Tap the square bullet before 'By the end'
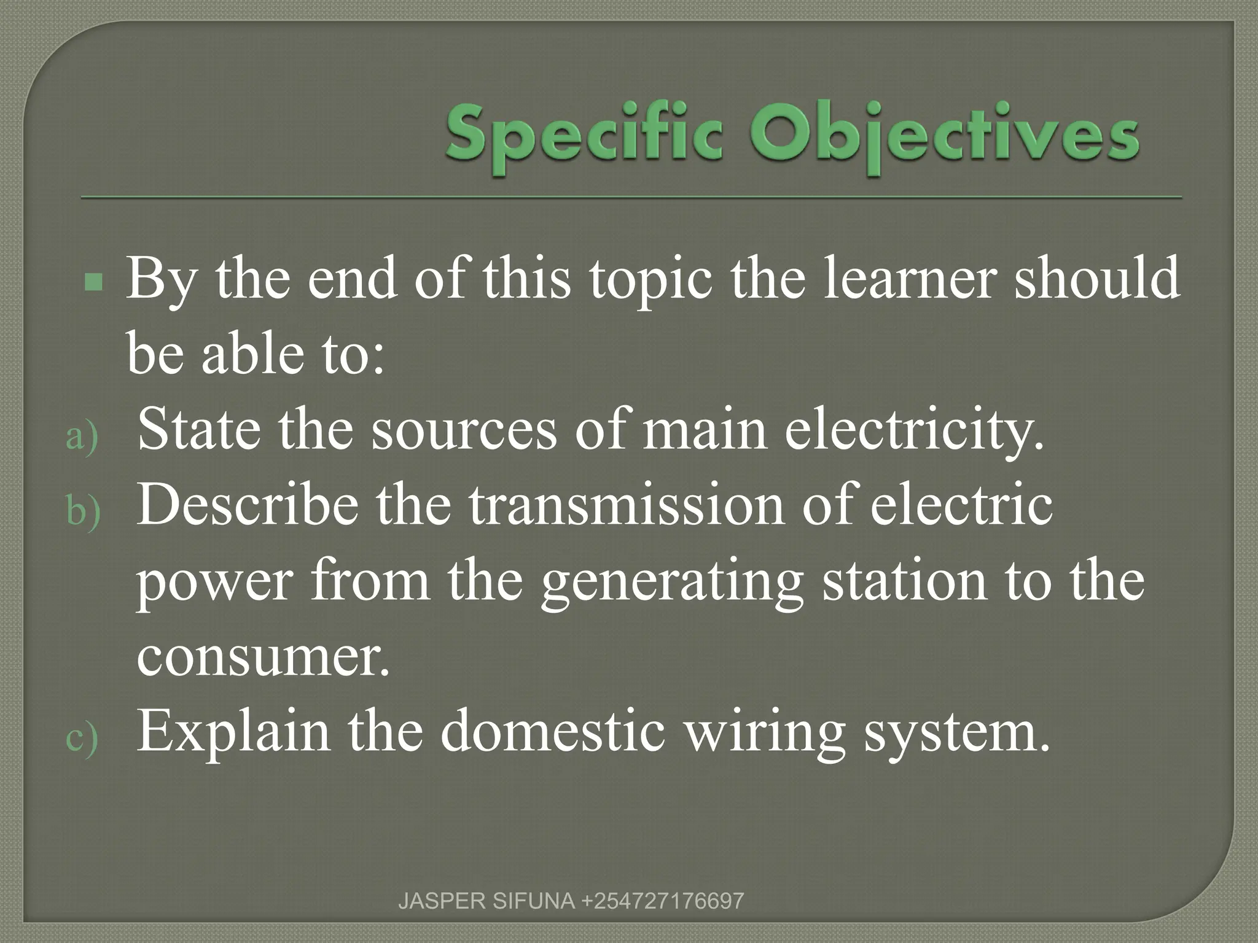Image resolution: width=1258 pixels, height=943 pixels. click(93, 283)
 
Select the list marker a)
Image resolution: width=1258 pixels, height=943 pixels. click(82, 437)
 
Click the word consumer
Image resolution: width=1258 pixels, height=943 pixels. click(263, 657)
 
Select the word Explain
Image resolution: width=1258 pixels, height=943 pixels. click(233, 733)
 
